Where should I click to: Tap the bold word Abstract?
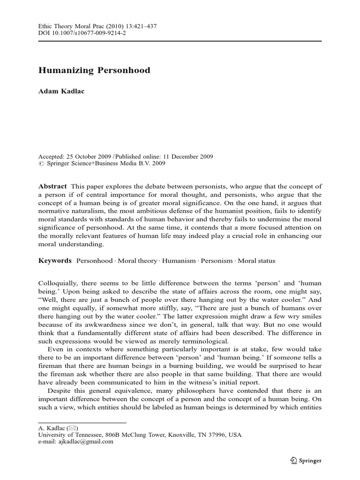pos(52,186)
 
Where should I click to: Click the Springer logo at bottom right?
pos(305,460)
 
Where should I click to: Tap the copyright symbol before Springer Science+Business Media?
pos(40,164)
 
